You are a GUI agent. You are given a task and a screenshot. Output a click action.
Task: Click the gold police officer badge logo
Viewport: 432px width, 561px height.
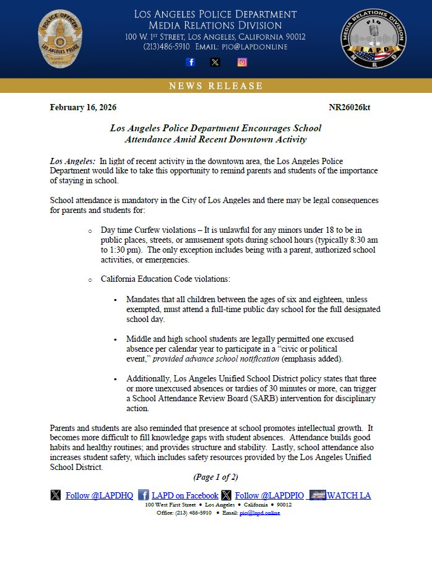(x=60, y=43)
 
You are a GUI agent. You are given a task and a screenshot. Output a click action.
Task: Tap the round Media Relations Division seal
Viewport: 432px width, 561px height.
(x=373, y=42)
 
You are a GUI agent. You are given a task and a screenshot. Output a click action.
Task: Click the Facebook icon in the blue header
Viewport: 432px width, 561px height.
(x=191, y=62)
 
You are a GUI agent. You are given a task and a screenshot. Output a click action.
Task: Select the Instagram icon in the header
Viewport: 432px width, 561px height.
(x=243, y=62)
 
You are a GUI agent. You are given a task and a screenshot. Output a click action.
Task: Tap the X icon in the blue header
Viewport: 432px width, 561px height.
(x=215, y=62)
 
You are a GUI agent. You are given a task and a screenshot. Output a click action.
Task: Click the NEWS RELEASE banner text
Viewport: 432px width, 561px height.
(x=216, y=86)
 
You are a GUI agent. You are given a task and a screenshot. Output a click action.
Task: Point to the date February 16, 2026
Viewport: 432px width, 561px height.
(x=83, y=108)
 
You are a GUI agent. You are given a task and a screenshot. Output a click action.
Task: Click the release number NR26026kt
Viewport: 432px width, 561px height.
(x=350, y=108)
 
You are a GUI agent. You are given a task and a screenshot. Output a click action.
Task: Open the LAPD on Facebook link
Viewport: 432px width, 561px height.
(x=185, y=495)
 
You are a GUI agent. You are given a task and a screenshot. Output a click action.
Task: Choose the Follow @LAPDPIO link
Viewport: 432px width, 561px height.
(x=269, y=495)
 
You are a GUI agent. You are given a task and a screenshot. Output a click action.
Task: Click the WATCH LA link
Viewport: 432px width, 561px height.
(x=349, y=495)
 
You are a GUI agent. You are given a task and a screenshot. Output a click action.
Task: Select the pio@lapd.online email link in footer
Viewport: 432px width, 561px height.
(x=259, y=513)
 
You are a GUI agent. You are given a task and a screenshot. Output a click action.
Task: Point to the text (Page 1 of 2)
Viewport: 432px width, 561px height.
(x=215, y=477)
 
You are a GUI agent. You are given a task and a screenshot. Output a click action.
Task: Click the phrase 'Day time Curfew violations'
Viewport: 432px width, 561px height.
(x=144, y=229)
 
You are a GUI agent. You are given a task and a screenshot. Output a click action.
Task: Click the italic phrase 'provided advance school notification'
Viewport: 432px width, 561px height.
(x=215, y=359)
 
